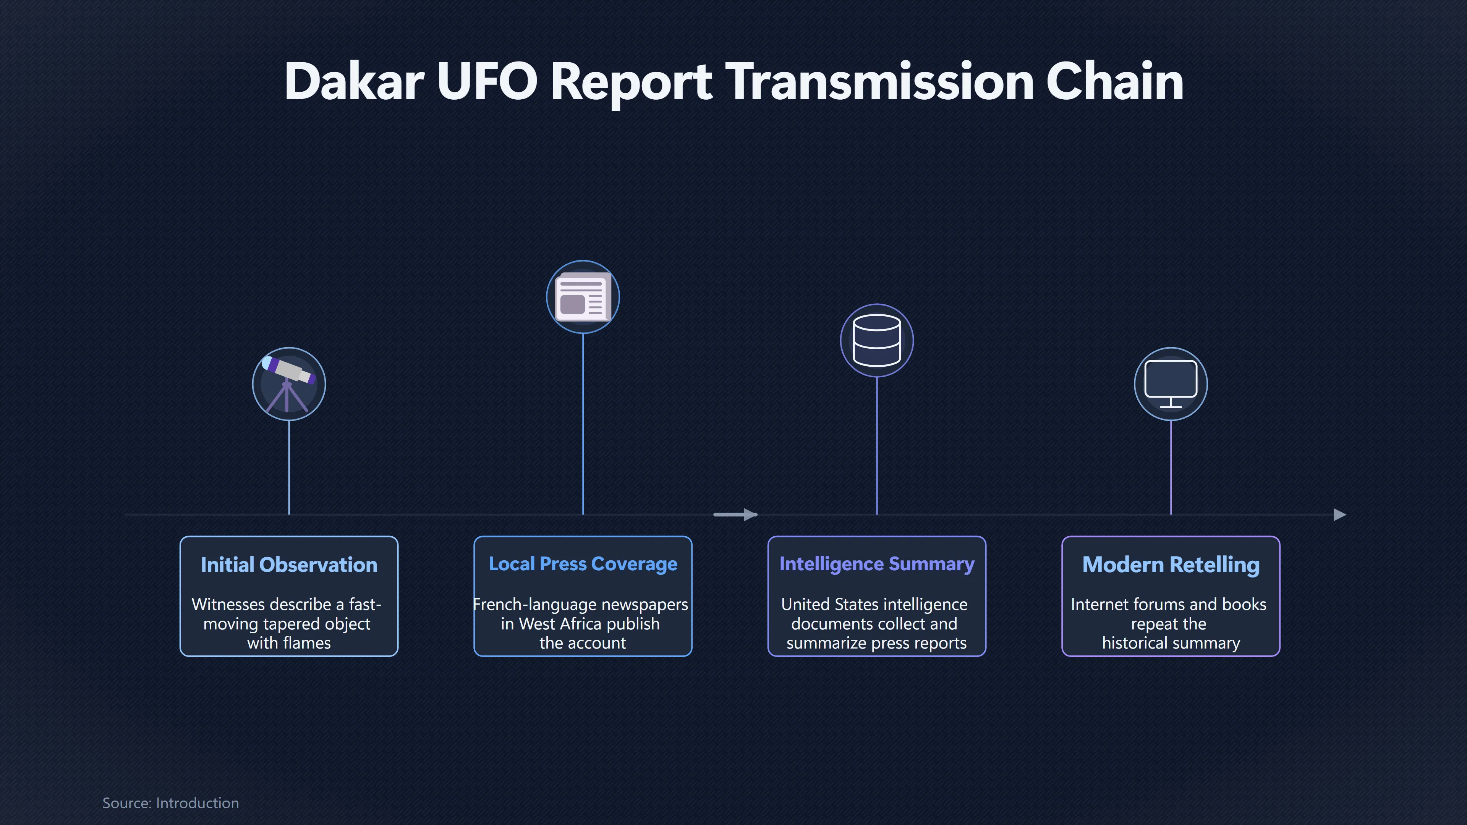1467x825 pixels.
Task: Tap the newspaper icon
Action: [583, 297]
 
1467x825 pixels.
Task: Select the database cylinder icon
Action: [877, 340]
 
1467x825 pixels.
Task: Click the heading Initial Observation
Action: [289, 565]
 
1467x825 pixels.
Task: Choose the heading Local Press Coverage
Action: [583, 564]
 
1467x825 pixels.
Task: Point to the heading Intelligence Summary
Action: [877, 564]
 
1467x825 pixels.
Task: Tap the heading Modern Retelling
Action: [1171, 565]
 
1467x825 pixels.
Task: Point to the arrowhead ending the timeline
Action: [1340, 515]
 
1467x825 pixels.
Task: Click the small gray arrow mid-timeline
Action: [735, 515]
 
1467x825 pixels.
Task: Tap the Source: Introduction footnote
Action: [170, 803]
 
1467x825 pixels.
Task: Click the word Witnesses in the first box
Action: [231, 604]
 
